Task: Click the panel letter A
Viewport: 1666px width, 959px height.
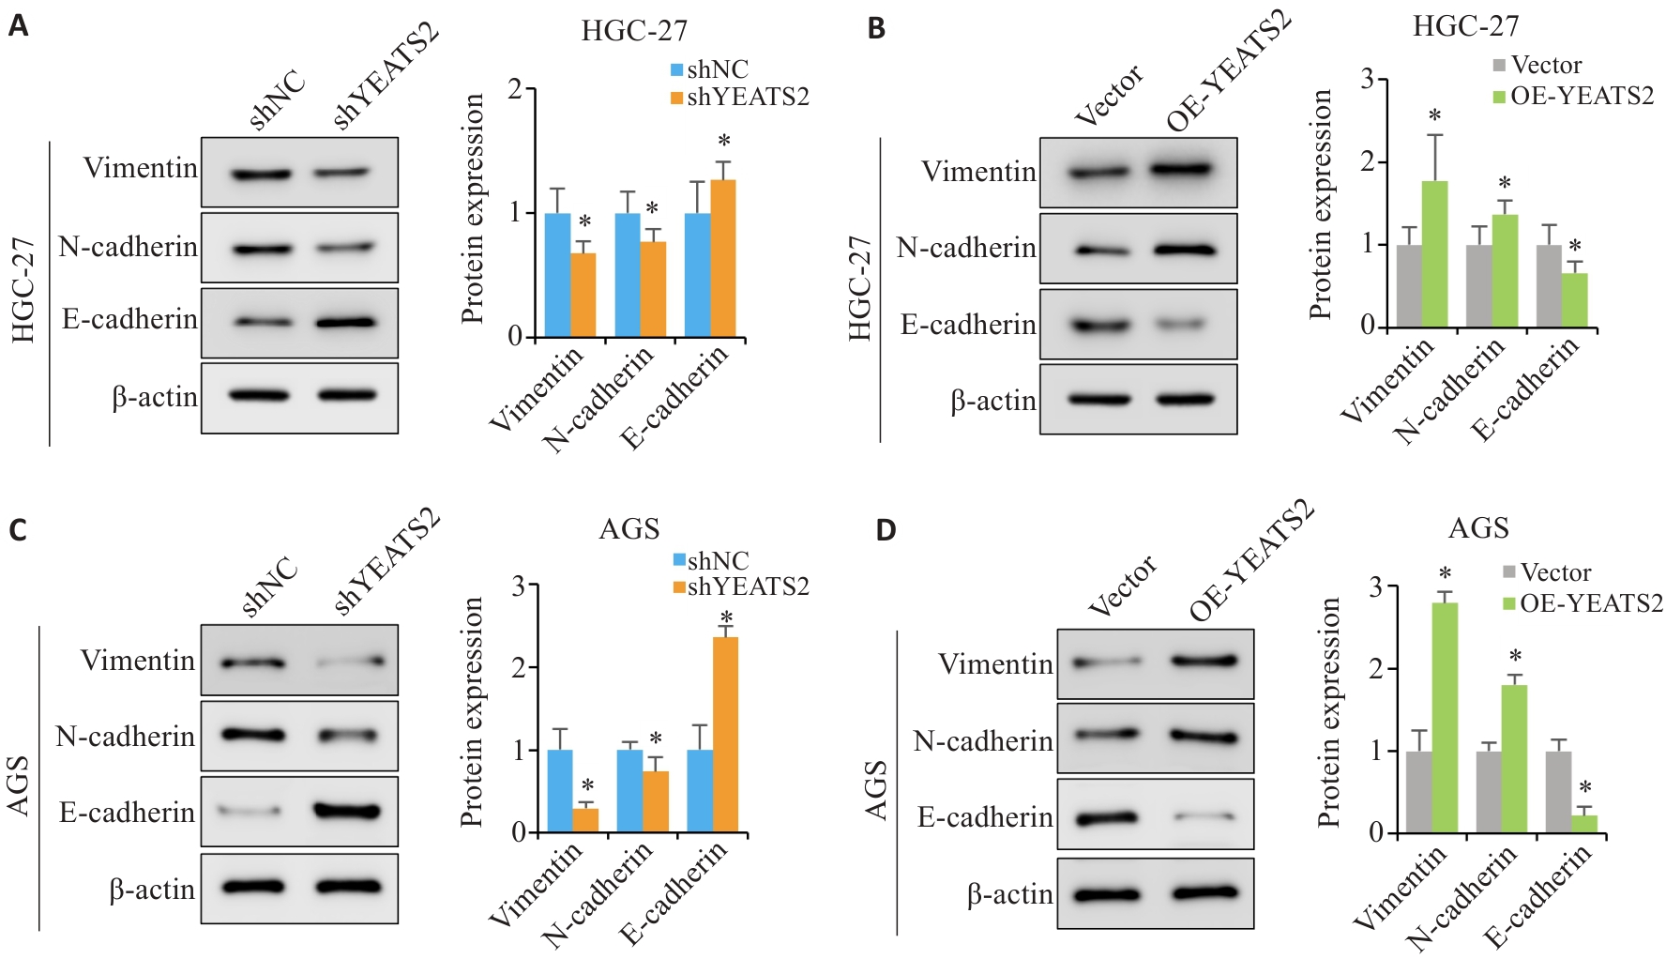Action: point(18,26)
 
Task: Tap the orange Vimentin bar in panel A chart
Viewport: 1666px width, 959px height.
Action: point(583,295)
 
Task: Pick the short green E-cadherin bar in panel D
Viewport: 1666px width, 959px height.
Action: point(1584,823)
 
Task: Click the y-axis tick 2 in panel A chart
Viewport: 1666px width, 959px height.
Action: point(515,89)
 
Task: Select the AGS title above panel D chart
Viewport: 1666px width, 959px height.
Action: point(1478,527)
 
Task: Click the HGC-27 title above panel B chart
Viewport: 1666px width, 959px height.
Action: point(1465,26)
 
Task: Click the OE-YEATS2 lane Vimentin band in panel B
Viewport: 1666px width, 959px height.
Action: point(1184,170)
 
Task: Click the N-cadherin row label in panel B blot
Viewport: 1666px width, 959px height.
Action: point(966,248)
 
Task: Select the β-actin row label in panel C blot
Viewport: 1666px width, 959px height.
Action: point(152,889)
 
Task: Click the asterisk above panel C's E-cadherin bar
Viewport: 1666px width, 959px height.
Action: point(726,617)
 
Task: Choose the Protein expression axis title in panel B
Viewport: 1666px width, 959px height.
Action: point(1321,204)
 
